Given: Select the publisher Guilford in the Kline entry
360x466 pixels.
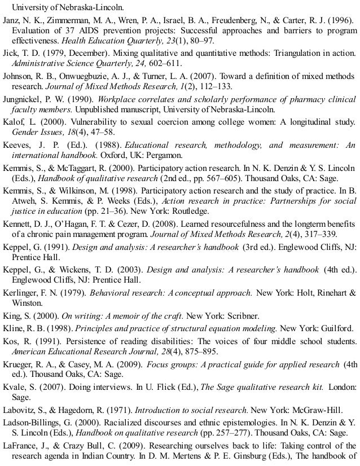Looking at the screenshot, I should point(333,328).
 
